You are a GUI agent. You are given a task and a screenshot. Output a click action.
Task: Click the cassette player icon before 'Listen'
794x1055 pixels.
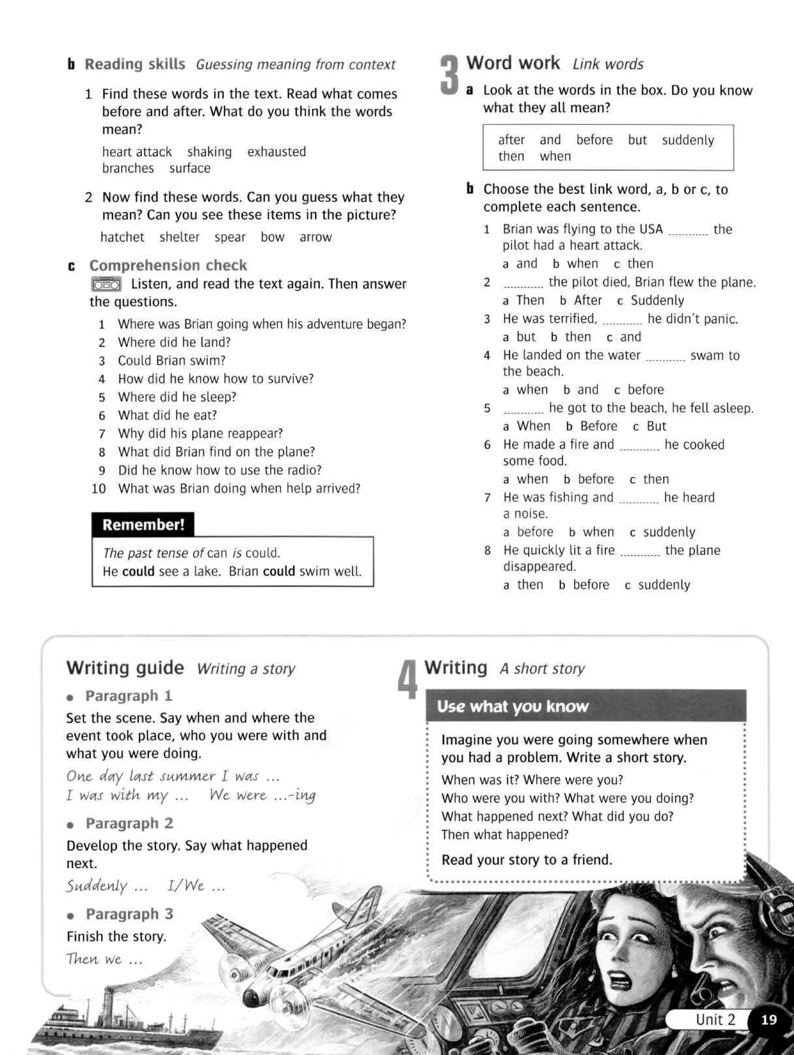[106, 284]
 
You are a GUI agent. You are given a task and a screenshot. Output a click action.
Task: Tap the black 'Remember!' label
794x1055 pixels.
[143, 525]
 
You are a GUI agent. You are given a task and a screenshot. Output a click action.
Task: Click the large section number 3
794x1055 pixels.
[449, 75]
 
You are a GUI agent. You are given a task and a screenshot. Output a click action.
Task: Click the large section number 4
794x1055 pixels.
[407, 680]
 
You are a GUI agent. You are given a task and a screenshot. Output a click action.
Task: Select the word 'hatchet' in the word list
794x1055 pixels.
[122, 237]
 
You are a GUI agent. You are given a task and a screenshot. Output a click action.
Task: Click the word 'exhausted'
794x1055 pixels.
[276, 152]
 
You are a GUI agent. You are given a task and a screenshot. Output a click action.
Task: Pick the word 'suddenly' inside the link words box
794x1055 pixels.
[688, 140]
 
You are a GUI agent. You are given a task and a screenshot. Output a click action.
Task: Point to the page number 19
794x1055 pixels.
[769, 1020]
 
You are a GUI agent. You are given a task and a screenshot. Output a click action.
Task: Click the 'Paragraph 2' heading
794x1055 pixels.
[129, 823]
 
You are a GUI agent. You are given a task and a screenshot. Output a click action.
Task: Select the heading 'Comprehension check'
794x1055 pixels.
[168, 265]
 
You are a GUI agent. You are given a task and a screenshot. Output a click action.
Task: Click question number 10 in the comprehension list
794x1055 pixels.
[98, 489]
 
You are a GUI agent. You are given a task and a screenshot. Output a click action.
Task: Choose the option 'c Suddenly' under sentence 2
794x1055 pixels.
[651, 300]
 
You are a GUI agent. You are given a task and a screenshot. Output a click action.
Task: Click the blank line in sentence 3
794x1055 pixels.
[622, 323]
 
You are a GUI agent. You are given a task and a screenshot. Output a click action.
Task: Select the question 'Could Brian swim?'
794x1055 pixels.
[171, 360]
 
